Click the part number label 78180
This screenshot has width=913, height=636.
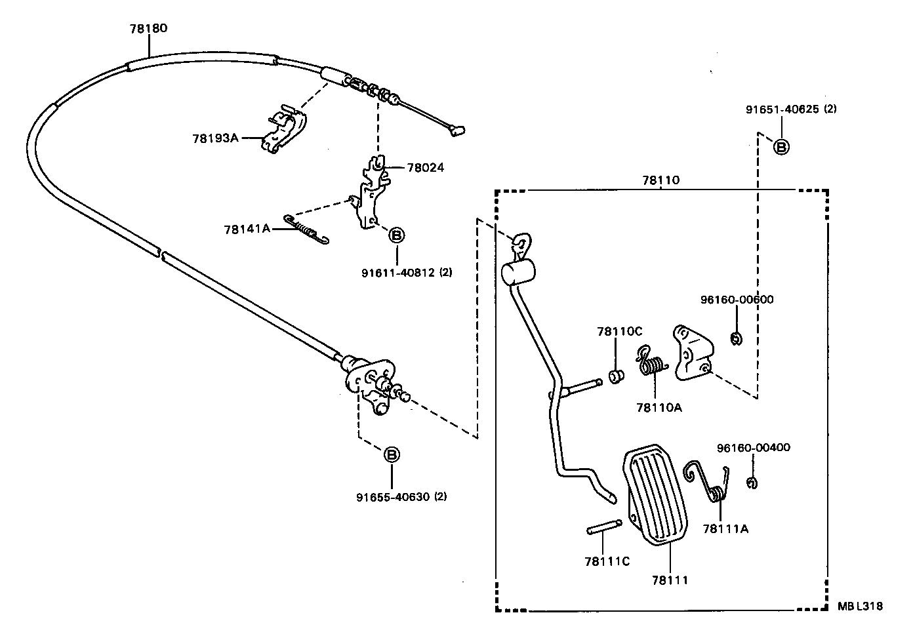(148, 28)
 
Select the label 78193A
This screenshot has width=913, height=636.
(215, 138)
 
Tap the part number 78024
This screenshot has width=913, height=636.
(425, 168)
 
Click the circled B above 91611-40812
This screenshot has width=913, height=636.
(396, 234)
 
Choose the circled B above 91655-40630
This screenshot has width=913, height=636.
(391, 454)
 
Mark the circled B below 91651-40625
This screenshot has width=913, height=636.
(781, 147)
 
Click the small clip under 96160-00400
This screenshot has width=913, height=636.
(752, 483)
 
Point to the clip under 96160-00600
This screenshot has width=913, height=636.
(736, 338)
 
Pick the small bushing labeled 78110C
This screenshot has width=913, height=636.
(617, 378)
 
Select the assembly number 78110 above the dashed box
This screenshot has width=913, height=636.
(660, 180)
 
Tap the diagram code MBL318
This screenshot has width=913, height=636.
(860, 606)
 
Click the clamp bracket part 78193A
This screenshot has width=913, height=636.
(285, 131)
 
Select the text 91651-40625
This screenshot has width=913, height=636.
(782, 109)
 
